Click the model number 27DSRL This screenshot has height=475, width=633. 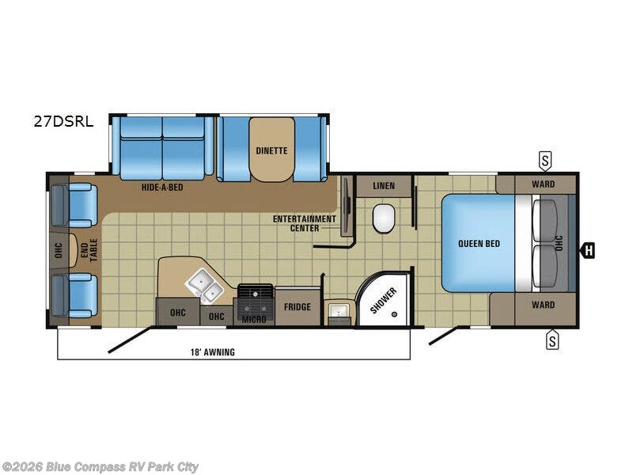[x=63, y=121]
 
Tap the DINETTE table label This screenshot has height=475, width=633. [x=271, y=150]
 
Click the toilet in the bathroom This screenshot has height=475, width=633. [x=383, y=217]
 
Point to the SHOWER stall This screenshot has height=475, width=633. [x=384, y=299]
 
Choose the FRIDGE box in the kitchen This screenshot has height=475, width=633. [x=298, y=307]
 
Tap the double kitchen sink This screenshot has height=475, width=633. [x=204, y=286]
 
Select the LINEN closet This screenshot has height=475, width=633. [x=384, y=186]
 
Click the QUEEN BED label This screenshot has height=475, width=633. [x=479, y=243]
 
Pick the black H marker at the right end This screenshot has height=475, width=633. [x=587, y=252]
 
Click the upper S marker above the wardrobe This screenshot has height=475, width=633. [x=545, y=161]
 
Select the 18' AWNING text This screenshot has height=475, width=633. [x=211, y=351]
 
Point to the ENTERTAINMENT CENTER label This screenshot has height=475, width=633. [x=305, y=222]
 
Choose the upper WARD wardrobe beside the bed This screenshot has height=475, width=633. [x=543, y=184]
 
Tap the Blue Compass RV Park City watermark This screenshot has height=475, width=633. [x=100, y=466]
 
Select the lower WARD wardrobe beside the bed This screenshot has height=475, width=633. [x=543, y=305]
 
